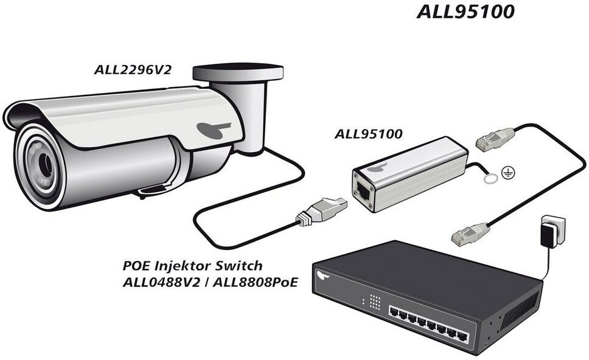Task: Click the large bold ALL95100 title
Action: click(x=465, y=12)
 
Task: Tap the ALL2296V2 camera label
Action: click(x=132, y=69)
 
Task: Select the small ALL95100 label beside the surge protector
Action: click(x=368, y=134)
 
